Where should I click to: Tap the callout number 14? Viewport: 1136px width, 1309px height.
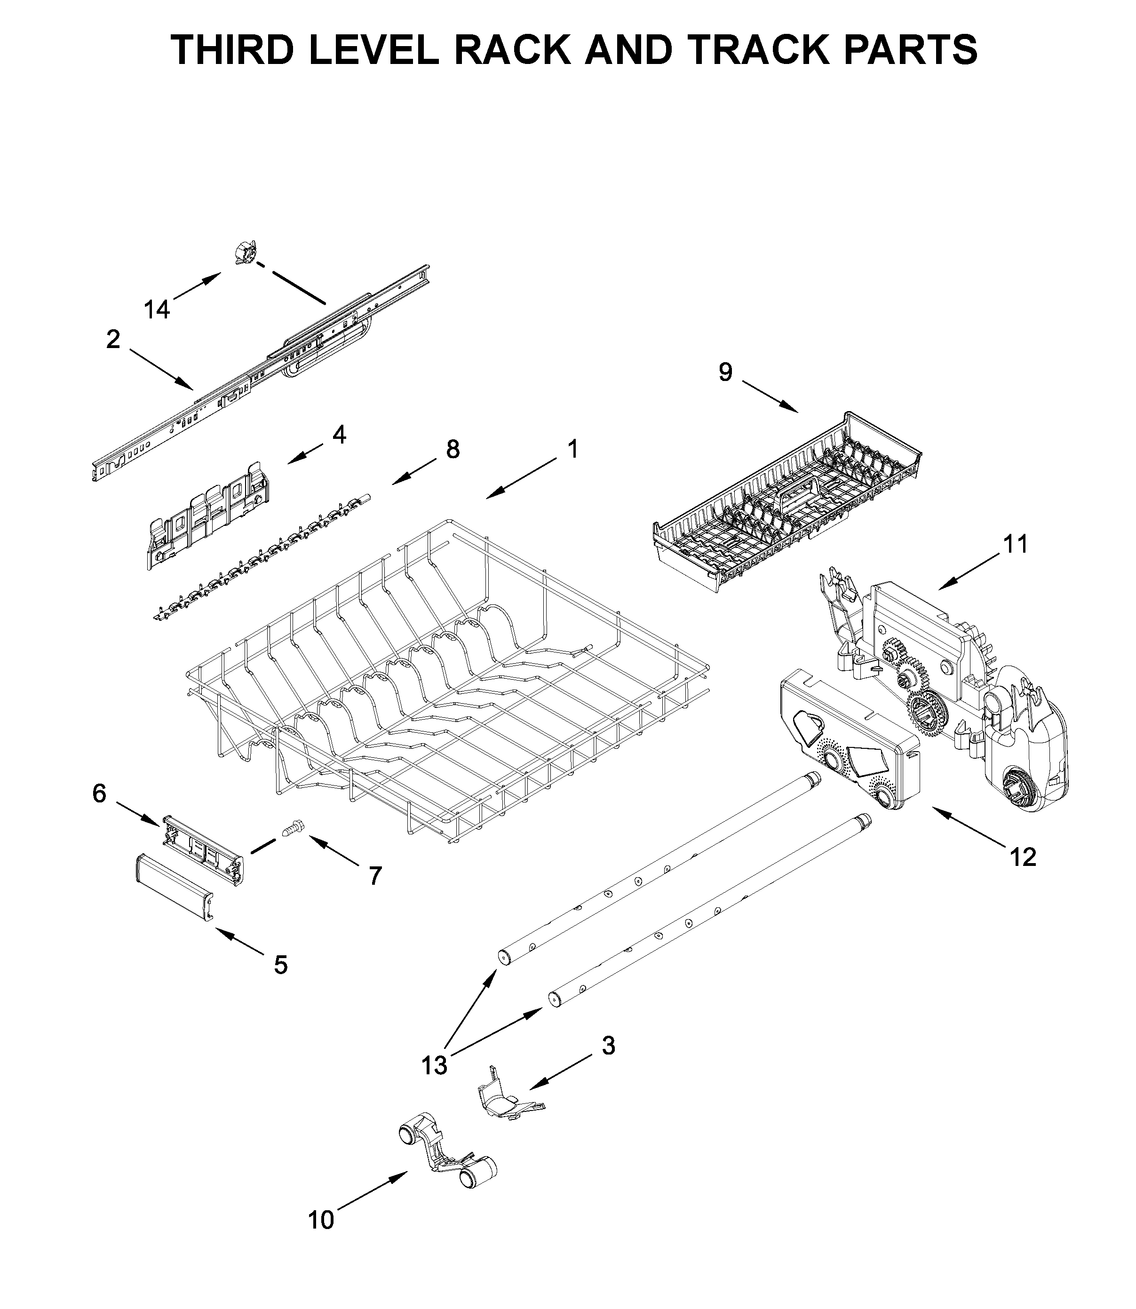coord(157,310)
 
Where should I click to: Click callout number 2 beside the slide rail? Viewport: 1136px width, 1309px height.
coord(113,340)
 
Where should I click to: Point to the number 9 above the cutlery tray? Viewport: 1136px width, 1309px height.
coord(725,372)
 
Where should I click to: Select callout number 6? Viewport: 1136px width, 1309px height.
coord(100,793)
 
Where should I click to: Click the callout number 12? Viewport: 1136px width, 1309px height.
coord(1023,857)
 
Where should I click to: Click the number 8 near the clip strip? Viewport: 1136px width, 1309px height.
coord(453,450)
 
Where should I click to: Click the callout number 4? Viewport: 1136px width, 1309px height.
coord(339,435)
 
